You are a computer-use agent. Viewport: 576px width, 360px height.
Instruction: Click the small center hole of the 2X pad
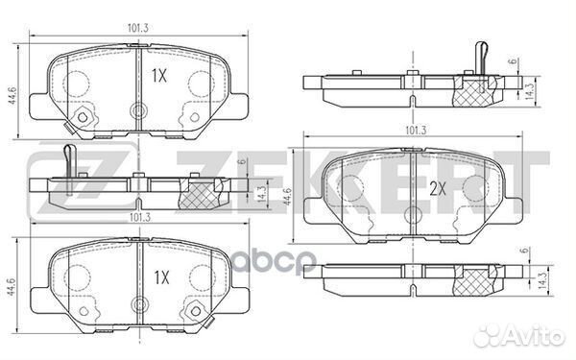pos(414,215)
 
